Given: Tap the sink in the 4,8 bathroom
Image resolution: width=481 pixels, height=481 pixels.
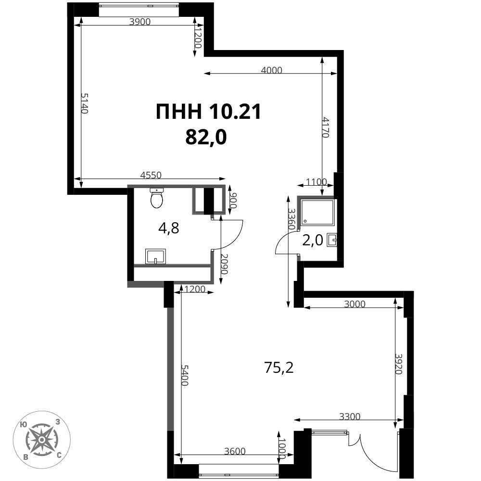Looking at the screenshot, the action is coord(155,256).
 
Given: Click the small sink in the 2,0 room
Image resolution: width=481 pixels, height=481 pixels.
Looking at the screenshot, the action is coord(332,240).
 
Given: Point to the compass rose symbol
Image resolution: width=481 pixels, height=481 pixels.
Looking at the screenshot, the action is coord(41,440).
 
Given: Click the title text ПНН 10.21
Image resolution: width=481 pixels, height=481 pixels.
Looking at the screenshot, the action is coord(208,112).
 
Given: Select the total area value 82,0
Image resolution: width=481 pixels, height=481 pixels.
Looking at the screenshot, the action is coord(206,137).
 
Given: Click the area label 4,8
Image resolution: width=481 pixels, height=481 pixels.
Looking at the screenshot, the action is coord(168,228).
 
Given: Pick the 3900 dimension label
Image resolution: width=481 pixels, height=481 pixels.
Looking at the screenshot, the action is coord(140,22).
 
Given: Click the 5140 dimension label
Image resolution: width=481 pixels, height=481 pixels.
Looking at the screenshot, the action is coord(84,103).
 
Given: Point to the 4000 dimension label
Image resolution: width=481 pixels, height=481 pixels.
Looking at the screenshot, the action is coord(271,70).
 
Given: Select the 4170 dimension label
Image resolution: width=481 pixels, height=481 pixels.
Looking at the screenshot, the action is coord(326,127).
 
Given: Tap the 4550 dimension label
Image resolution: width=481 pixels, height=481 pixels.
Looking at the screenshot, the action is coord(151,175).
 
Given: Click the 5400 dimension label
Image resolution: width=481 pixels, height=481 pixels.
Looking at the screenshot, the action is coord(184,375).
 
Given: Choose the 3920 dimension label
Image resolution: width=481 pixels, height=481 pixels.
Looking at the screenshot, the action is coord(398,364).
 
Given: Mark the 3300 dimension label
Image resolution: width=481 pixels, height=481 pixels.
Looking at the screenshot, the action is coord(350,416).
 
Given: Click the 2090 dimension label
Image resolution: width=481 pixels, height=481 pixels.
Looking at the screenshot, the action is coord(225,264).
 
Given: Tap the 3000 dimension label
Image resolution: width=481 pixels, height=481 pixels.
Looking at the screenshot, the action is coord(355,304).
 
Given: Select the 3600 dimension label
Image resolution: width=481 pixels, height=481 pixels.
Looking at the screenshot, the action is coord(235,451).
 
